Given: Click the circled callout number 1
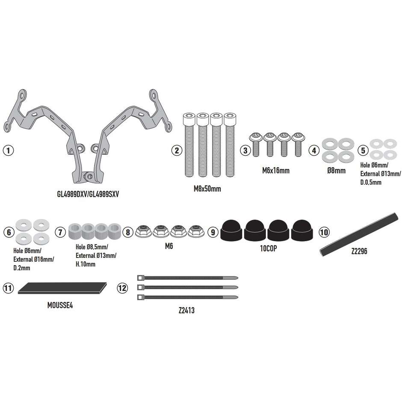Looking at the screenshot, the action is pyautogui.click(x=8, y=150).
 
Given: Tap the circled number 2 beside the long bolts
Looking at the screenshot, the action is pyautogui.click(x=177, y=150).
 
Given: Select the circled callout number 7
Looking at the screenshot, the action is pyautogui.click(x=60, y=232).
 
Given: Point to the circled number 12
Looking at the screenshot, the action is pyautogui.click(x=122, y=288).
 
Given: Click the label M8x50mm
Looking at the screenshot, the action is pyautogui.click(x=207, y=189).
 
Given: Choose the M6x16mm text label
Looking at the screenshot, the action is pyautogui.click(x=276, y=171).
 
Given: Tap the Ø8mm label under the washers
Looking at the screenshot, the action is pyautogui.click(x=337, y=171).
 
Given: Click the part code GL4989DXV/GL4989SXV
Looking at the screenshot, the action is pyautogui.click(x=88, y=194).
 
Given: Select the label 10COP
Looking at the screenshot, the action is pyautogui.click(x=269, y=248).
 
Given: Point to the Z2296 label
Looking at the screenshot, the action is pyautogui.click(x=359, y=251).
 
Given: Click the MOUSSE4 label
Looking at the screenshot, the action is pyautogui.click(x=60, y=305).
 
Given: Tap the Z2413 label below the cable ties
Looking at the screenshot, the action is pyautogui.click(x=186, y=310).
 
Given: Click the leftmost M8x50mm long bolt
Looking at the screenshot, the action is pyautogui.click(x=189, y=145).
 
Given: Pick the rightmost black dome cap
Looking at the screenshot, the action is pyautogui.click(x=302, y=230).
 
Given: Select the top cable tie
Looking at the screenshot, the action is pyautogui.click(x=188, y=278).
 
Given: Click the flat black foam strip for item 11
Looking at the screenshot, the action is pyautogui.click(x=62, y=288).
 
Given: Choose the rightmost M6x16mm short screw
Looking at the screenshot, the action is pyautogui.click(x=298, y=145).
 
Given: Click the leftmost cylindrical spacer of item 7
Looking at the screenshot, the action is pyautogui.click(x=75, y=231).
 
